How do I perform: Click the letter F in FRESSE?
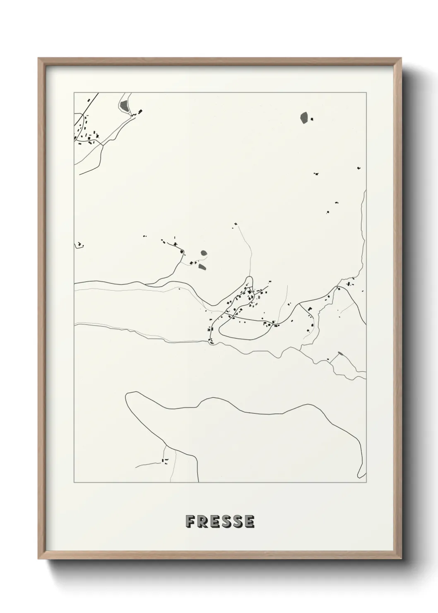pos(190,521)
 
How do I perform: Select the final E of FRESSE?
pos(249,521)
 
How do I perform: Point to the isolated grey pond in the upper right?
pos(304,118)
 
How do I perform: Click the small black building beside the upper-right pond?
pos(312,119)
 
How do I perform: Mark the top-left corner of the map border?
pos(74,92)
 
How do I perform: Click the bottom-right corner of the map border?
pos(366,483)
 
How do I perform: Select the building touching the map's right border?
pos(363,292)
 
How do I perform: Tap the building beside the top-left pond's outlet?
pos(140,111)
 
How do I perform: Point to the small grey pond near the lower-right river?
pos(340,353)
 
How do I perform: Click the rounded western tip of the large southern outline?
pos(127,396)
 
